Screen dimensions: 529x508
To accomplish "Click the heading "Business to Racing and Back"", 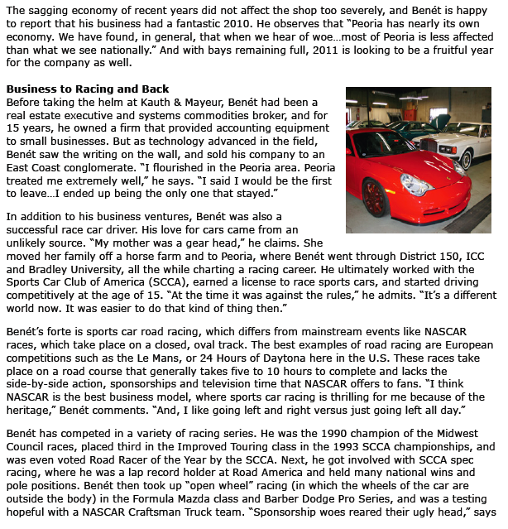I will (88, 89).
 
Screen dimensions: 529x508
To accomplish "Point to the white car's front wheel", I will (467, 160).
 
